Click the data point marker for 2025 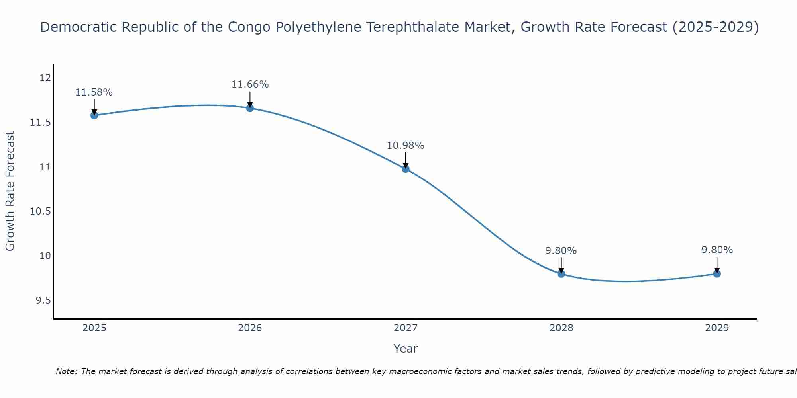pyautogui.click(x=94, y=115)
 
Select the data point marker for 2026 pyautogui.click(x=250, y=108)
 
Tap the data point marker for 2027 pyautogui.click(x=406, y=169)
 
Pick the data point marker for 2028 pyautogui.click(x=561, y=274)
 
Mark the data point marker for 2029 pyautogui.click(x=717, y=273)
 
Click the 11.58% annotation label pyautogui.click(x=94, y=92)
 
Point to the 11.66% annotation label pyautogui.click(x=250, y=84)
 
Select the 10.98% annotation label pyautogui.click(x=406, y=146)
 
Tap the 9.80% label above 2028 pyautogui.click(x=561, y=251)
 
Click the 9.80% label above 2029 pyautogui.click(x=717, y=250)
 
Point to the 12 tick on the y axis pyautogui.click(x=45, y=78)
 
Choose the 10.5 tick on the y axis pyautogui.click(x=41, y=211)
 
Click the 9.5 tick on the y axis pyautogui.click(x=43, y=300)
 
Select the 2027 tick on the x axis pyautogui.click(x=406, y=328)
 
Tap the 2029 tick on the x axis pyautogui.click(x=717, y=328)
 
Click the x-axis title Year pyautogui.click(x=405, y=349)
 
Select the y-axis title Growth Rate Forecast pyautogui.click(x=10, y=191)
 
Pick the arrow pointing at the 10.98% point pyautogui.click(x=406, y=160)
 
